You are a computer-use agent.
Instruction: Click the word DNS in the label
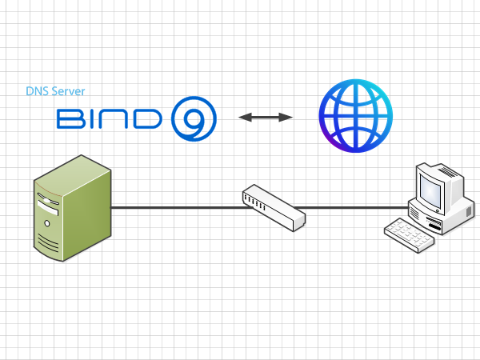35,92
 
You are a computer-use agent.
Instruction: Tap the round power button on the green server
49,220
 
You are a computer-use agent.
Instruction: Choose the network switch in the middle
274,207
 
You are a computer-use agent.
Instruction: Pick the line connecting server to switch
176,207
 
